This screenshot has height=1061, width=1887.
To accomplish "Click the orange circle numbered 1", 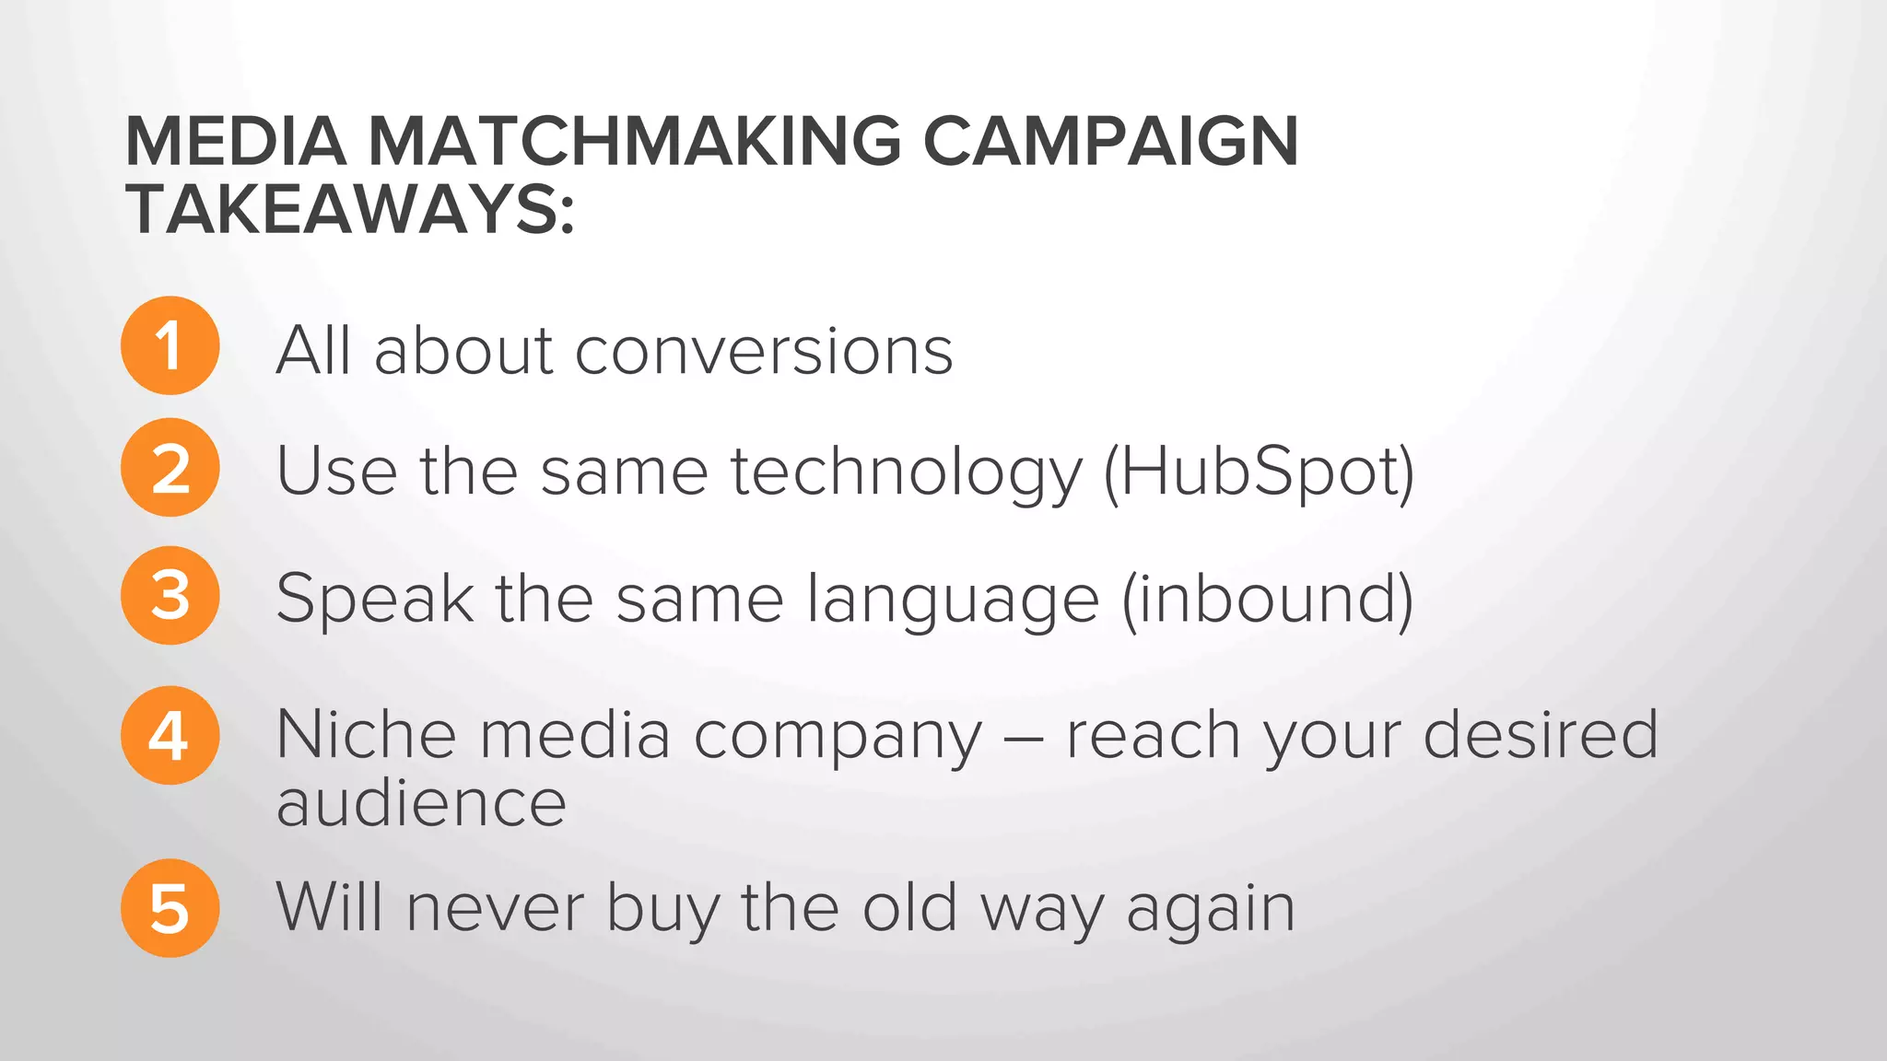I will pos(170,345).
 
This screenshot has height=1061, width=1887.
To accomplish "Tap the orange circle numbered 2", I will pos(170,467).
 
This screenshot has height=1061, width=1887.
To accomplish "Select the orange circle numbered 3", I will pos(170,595).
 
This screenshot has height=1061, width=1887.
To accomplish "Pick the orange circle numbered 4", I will pos(170,735).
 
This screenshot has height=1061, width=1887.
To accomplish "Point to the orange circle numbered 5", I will pos(170,908).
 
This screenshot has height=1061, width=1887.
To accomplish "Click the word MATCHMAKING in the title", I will pos(635,142).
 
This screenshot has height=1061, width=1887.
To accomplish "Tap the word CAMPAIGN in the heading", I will pos(1110,142).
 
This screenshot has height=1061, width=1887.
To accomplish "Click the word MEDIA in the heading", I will pos(236,142).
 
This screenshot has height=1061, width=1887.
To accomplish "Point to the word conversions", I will pos(764,351).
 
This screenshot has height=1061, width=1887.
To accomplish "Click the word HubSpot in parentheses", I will pos(1259,471).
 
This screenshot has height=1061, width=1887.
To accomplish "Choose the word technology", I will pos(907,472).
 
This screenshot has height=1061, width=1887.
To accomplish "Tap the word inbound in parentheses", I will pos(1267,599).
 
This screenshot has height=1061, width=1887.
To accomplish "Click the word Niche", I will pos(366,735).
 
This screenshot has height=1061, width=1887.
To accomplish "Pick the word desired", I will pos(1541,735).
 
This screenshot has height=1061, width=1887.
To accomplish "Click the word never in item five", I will pos(495,909).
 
